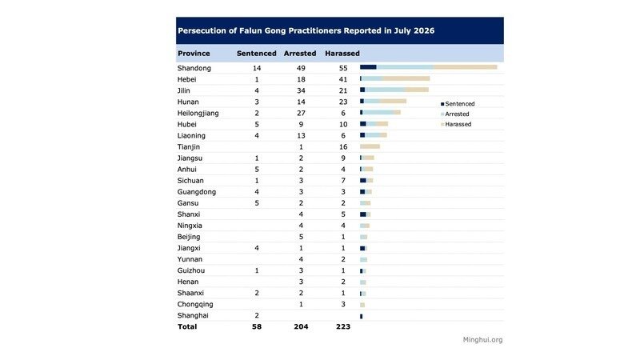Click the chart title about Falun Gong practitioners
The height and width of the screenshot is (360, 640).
point(306,30)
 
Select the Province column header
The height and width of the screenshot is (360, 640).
point(194,53)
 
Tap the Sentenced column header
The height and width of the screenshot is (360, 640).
point(256,53)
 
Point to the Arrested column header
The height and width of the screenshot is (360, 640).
point(300,53)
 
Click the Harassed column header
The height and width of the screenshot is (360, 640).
point(342,53)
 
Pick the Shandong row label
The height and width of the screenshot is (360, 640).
point(194,68)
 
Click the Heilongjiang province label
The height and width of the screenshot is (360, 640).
point(198,113)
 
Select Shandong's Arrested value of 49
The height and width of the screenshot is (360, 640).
point(301,68)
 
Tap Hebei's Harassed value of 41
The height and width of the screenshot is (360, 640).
point(343,79)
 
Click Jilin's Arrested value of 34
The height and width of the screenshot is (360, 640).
point(301,90)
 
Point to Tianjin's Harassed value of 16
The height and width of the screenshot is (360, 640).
point(343,147)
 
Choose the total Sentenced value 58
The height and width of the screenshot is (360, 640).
point(257,326)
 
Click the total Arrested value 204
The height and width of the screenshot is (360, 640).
point(302,326)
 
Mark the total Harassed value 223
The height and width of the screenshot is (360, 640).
point(343,326)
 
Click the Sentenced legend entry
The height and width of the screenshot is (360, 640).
point(458,104)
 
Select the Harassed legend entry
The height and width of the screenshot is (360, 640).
point(456,124)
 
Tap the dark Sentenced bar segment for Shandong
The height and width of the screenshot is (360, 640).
point(368,67)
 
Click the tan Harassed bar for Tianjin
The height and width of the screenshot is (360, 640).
point(370,146)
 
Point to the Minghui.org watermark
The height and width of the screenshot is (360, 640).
point(483,339)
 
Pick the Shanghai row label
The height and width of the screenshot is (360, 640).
point(193,315)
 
